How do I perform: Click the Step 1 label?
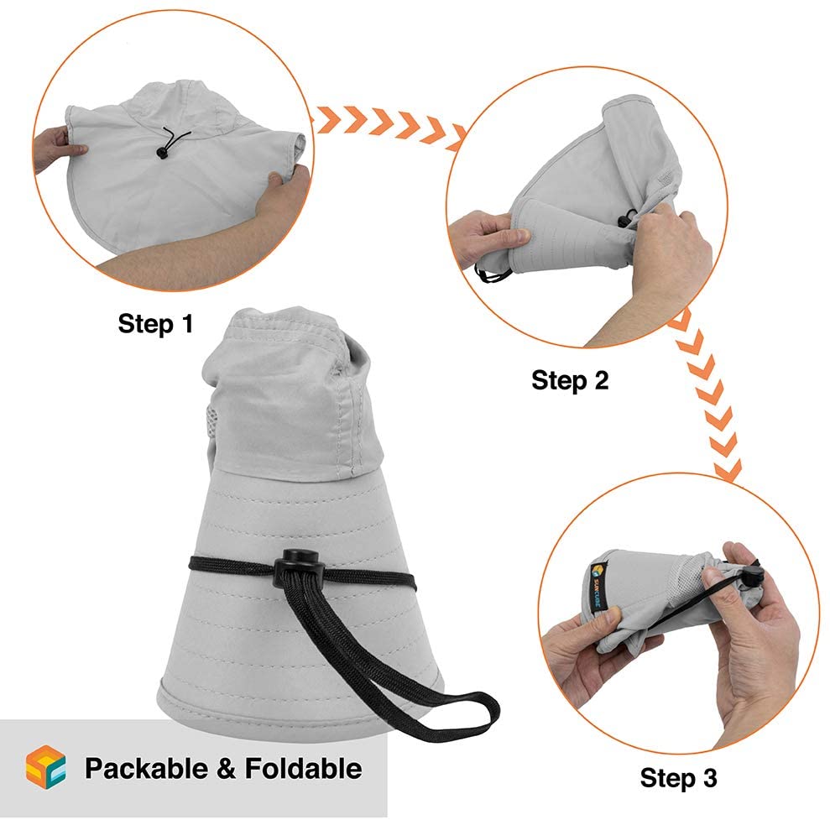(x=155, y=323)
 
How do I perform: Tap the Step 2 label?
(x=570, y=380)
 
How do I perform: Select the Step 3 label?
(x=678, y=778)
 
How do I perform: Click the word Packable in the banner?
(x=146, y=768)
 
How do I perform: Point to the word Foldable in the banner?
(x=303, y=768)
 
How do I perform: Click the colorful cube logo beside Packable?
(x=46, y=767)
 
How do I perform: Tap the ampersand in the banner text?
(x=226, y=769)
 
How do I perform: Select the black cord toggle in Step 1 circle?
(x=161, y=153)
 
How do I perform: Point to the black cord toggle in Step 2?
(x=627, y=218)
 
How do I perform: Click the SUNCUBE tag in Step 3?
(x=598, y=587)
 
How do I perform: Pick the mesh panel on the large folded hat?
(x=211, y=424)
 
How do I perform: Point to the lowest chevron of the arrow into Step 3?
(x=728, y=470)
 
